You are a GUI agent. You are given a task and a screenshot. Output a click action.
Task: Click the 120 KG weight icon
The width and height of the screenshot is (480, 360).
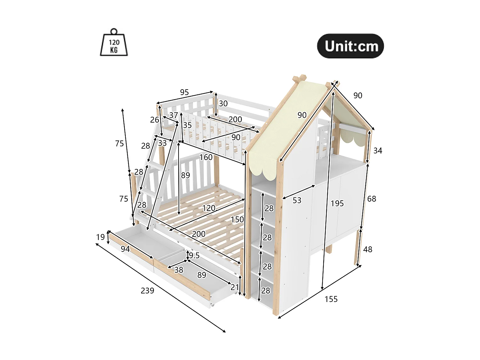[x=114, y=43]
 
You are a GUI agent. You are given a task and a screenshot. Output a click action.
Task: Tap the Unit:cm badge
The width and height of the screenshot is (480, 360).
[x=350, y=46]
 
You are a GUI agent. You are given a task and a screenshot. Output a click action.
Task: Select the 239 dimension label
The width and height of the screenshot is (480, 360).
[x=147, y=291]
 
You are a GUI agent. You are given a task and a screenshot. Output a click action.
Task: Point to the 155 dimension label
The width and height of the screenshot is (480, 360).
[x=331, y=299]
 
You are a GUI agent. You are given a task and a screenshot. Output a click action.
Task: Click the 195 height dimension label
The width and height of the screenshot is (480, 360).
[x=337, y=203]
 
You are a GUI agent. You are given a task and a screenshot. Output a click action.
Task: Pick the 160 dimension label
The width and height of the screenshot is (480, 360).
[x=206, y=157]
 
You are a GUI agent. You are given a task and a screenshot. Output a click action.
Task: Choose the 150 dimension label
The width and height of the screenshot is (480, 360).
[x=237, y=220]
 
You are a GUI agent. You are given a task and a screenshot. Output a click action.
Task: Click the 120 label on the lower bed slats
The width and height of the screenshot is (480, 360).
[x=209, y=208]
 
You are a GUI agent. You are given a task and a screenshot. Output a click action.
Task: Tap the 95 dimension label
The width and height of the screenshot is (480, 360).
[x=184, y=92]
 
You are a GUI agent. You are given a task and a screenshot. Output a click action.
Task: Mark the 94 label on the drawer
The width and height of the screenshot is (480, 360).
[x=125, y=249]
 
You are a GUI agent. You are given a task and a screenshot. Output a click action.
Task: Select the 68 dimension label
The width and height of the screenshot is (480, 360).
[x=372, y=199]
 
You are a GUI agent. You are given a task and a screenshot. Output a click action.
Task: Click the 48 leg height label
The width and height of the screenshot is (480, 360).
[x=368, y=249]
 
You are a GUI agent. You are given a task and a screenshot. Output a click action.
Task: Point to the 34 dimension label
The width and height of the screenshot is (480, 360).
[x=378, y=150]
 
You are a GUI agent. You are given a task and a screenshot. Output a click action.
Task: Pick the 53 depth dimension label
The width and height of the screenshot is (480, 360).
[x=297, y=200]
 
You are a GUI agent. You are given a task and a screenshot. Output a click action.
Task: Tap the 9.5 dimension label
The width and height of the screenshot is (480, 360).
[x=194, y=255]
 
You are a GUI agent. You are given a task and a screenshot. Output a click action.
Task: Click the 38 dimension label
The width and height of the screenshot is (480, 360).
[x=179, y=270]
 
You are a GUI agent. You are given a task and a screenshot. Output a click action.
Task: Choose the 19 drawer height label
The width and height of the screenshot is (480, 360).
[x=100, y=237]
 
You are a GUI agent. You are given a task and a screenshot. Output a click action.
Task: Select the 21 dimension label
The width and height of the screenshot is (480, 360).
[x=235, y=287]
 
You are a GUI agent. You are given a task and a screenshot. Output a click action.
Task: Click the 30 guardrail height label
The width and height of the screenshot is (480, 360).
[x=223, y=103]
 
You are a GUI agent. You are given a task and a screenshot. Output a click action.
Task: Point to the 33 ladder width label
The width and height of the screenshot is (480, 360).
[x=162, y=143]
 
